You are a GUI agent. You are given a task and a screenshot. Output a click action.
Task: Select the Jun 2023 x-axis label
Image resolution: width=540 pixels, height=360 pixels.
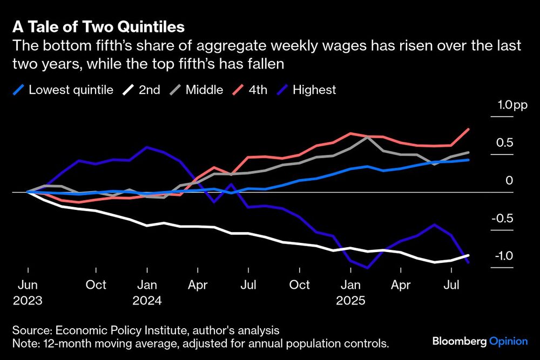pyautogui.click(x=28, y=291)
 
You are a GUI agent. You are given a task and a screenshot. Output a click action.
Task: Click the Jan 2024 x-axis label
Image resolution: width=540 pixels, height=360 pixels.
pyautogui.click(x=147, y=291)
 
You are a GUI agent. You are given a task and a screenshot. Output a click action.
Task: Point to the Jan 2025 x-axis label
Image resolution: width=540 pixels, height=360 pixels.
pyautogui.click(x=352, y=291)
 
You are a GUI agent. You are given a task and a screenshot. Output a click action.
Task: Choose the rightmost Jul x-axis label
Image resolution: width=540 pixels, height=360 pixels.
pyautogui.click(x=452, y=284)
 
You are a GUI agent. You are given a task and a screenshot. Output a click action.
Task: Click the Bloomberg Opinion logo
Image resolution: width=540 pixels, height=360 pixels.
pyautogui.click(x=480, y=341)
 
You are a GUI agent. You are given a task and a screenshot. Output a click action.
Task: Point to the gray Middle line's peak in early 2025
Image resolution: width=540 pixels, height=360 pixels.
pyautogui.click(x=368, y=137)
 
